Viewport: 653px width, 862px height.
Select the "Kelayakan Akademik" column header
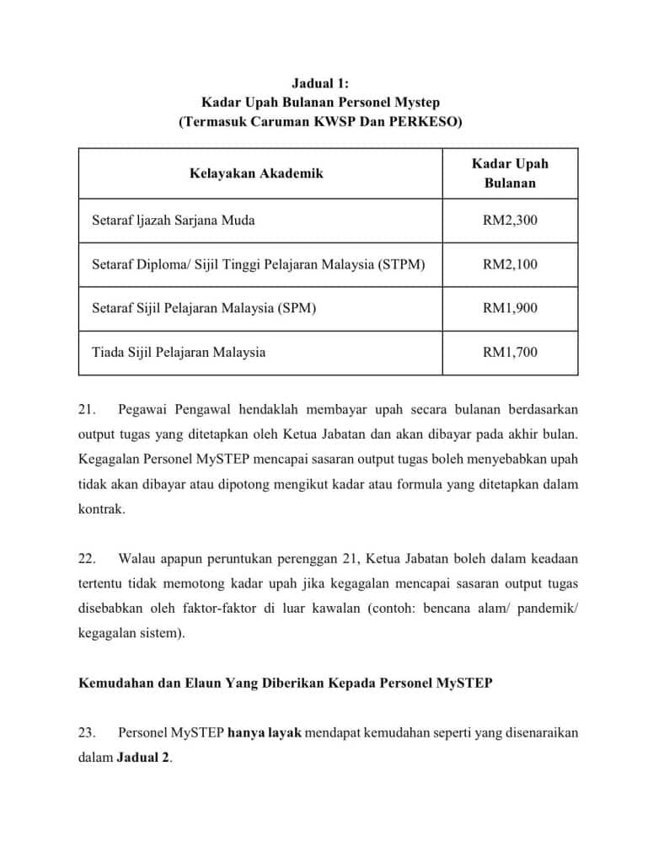[x=255, y=173]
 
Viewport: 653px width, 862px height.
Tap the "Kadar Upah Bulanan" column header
[x=510, y=173]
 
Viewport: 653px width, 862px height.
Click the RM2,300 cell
[x=510, y=221]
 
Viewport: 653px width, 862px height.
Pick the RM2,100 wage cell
[x=510, y=264]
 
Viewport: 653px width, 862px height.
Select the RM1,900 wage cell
[x=510, y=308]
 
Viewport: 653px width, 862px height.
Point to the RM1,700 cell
[x=510, y=352]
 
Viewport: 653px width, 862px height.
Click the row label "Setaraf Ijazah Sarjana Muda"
[x=174, y=221]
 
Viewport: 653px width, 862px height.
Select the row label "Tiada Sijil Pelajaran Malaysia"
[x=179, y=352]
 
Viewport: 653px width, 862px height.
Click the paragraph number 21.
[x=85, y=409]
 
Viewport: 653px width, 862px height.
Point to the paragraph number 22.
[x=85, y=557]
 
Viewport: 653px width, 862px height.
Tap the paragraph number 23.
[x=85, y=732]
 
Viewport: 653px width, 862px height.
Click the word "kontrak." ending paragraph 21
[x=101, y=510]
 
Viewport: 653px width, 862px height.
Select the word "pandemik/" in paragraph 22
[x=551, y=608]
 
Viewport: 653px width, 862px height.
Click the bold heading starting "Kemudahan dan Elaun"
[x=285, y=683]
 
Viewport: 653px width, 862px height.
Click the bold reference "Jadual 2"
[x=143, y=758]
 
